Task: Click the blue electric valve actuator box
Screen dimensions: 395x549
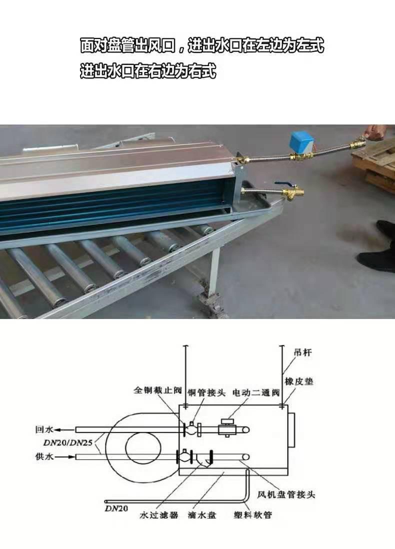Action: [300, 141]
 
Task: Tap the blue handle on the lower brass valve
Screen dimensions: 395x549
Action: [280, 183]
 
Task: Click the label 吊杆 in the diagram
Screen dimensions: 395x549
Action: [302, 352]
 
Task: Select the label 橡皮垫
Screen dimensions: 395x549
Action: [298, 381]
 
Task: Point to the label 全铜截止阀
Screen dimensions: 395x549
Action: [158, 389]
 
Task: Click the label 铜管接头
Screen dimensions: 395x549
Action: [206, 392]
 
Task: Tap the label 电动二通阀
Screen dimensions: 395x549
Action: [256, 393]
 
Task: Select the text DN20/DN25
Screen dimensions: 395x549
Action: [68, 443]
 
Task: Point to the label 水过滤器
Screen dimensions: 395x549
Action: [158, 515]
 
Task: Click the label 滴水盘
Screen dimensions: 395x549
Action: [201, 515]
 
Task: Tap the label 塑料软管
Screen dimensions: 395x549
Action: [252, 514]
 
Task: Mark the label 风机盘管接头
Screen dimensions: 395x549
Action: [286, 494]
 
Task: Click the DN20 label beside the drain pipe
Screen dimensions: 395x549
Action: [116, 508]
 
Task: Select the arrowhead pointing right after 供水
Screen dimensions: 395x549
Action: [72, 456]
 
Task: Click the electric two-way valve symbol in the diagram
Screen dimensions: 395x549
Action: [227, 427]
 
